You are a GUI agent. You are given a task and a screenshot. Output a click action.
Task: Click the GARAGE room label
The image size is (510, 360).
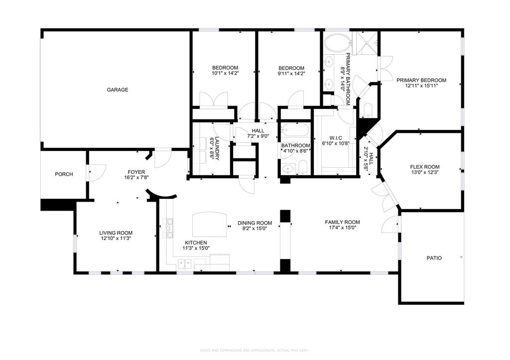[x=117, y=90]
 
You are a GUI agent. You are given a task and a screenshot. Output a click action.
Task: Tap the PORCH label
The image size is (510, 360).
[x=64, y=174]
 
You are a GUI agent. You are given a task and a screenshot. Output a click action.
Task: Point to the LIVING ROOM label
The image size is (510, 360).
[x=116, y=233]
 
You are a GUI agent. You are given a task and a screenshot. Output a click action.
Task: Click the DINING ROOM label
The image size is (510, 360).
[x=255, y=223]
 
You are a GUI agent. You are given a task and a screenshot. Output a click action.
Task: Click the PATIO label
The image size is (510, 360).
[x=434, y=258]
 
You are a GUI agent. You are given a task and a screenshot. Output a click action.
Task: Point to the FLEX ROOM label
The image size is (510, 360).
[x=424, y=167]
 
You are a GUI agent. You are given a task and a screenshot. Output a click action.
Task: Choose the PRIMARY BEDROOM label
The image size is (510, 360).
[x=421, y=80]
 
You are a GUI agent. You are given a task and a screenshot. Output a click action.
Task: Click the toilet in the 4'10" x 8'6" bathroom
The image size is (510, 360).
[x=302, y=167]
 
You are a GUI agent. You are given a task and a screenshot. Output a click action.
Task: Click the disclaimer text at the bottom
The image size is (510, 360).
[x=255, y=351]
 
